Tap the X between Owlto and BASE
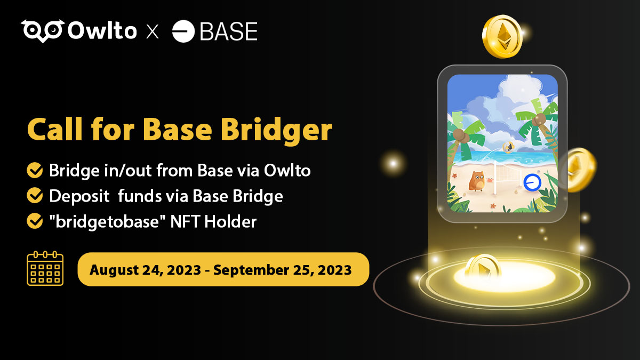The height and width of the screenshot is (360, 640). [x=153, y=32]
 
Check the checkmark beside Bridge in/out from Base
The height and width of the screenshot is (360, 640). [x=35, y=171]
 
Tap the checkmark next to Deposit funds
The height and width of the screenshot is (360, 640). [x=35, y=196]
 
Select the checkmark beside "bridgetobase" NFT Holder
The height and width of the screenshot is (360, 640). [x=35, y=221]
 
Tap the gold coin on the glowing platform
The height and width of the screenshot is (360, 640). [x=482, y=266]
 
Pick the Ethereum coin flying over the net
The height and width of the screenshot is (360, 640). [x=508, y=147]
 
